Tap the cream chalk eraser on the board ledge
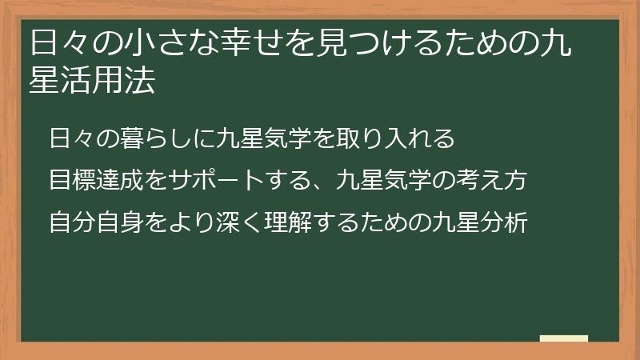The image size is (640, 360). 563,338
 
